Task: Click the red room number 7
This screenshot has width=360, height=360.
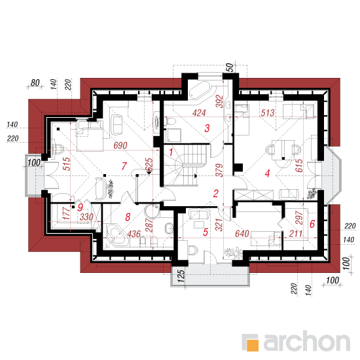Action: tap(124, 166)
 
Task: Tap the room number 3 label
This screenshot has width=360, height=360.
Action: tap(207, 128)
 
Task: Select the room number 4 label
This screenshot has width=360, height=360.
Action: tap(267, 173)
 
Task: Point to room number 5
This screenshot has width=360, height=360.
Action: tap(206, 232)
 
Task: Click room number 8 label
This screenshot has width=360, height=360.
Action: tap(128, 217)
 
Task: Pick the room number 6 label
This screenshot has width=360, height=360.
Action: tap(312, 224)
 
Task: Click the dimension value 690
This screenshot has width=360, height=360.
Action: tap(120, 145)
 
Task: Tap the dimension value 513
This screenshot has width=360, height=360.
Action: tap(268, 113)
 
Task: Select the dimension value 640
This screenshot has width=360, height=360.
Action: tap(242, 234)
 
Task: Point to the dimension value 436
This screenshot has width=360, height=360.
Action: tap(134, 234)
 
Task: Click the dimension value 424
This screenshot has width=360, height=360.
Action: tap(199, 113)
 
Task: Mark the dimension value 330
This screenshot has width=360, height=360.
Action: tap(86, 217)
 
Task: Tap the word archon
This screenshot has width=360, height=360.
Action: tap(307, 342)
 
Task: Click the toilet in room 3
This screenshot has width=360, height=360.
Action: tap(170, 122)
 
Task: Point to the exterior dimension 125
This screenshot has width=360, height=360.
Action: tap(181, 276)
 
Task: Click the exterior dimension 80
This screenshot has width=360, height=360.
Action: tap(35, 83)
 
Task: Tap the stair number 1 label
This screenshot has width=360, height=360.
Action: tap(171, 152)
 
